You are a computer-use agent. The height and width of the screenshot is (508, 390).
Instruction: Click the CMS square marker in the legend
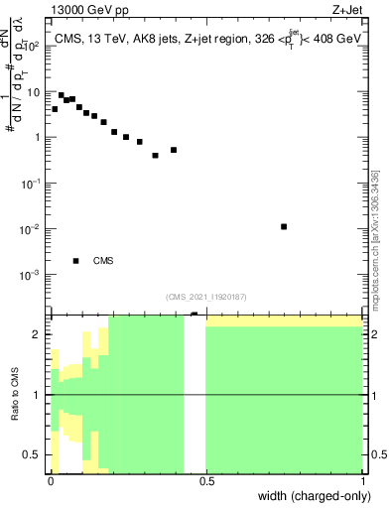tap(76, 261)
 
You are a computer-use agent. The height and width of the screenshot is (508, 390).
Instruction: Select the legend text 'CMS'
tap(103, 261)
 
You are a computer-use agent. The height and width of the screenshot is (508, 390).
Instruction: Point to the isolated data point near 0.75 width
tap(284, 226)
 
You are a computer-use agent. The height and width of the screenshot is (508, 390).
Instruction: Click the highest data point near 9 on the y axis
tap(62, 95)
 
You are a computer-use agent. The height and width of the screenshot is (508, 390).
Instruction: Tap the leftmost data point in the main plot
tap(55, 109)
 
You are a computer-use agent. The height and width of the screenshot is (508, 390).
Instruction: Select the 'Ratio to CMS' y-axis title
tap(16, 395)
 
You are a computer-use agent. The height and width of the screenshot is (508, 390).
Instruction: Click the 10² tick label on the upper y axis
tap(33, 46)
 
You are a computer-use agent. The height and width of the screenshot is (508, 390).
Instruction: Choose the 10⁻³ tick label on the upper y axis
tap(32, 275)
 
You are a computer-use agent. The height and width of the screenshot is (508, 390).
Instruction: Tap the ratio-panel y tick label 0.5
tap(34, 455)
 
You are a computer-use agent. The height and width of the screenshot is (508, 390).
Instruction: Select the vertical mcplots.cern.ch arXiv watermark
tap(374, 238)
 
